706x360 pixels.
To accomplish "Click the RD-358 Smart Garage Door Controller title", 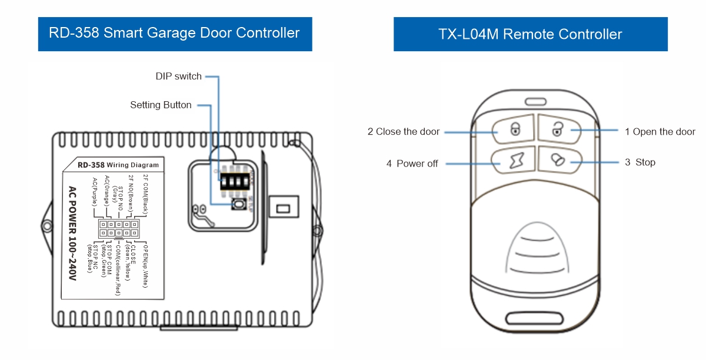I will pyautogui.click(x=175, y=33).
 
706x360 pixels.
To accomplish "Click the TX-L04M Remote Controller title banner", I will pyautogui.click(x=530, y=34).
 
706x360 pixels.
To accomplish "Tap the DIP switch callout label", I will pyautogui.click(x=178, y=76).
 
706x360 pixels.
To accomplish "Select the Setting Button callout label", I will pyautogui.click(x=161, y=105).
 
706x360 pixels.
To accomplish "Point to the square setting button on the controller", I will pyautogui.click(x=238, y=204).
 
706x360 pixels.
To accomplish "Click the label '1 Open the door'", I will pyautogui.click(x=660, y=132).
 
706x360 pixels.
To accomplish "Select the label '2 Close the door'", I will pyautogui.click(x=404, y=132).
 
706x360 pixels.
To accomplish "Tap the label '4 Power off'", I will pyautogui.click(x=412, y=164).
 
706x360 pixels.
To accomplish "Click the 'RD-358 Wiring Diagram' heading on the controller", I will pyautogui.click(x=118, y=165).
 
